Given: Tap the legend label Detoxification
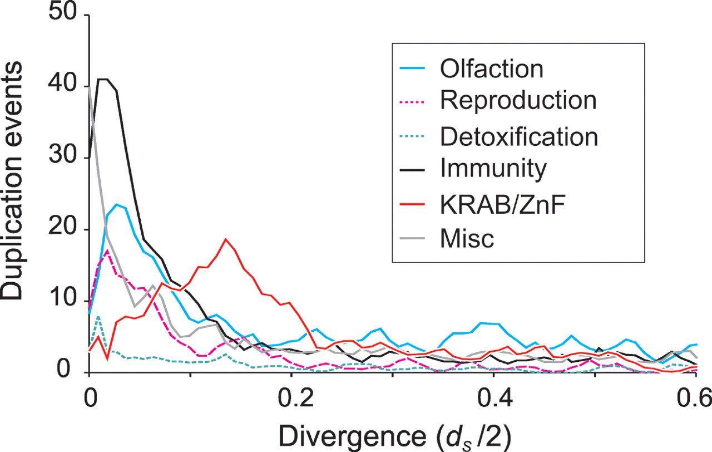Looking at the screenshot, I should tap(518, 136).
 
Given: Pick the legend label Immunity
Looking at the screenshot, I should tap(492, 169).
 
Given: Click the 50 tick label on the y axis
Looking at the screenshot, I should tap(66, 13).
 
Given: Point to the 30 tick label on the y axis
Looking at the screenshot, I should tap(66, 158).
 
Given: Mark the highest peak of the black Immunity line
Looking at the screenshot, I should tap(103, 79).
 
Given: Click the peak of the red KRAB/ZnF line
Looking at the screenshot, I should tap(225, 239).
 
